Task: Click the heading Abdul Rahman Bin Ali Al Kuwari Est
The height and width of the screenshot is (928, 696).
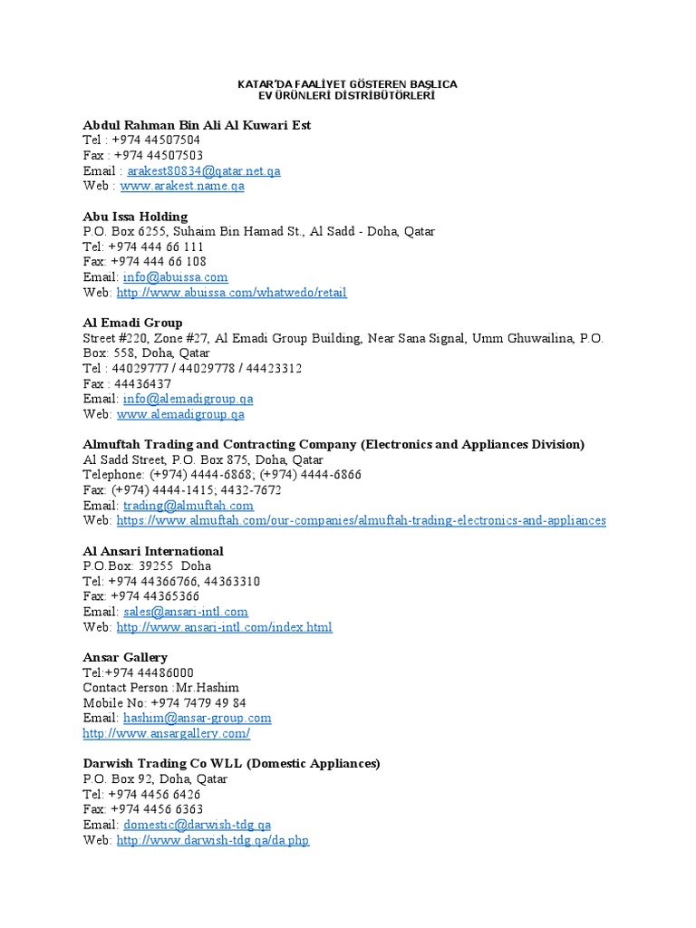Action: point(197,125)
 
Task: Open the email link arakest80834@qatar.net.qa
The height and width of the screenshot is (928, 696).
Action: point(204,170)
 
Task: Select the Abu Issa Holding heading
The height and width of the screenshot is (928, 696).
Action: point(135,217)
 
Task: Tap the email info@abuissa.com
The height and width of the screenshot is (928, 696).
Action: point(176,277)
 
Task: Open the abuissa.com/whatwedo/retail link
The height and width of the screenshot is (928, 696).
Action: point(231,293)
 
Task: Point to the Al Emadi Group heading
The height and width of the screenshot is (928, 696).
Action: point(132,323)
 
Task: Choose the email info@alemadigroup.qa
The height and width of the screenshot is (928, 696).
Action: point(188,399)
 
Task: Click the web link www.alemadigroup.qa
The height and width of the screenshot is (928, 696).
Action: point(180,414)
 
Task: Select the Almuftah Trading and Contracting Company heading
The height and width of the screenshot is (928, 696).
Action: point(333,444)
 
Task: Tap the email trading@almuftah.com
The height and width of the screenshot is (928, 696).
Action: point(188,506)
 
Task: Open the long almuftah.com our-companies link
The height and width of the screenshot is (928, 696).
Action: point(362,520)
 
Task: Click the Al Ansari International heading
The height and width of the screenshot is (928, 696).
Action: point(153,551)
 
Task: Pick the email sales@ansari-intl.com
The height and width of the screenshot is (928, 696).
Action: point(186,612)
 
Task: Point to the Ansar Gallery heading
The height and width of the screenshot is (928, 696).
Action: point(125,657)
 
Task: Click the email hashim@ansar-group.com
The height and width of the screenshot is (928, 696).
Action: point(198,718)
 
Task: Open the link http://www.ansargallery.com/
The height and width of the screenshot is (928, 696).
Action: point(166,733)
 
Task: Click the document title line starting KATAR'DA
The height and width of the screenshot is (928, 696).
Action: point(347,84)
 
